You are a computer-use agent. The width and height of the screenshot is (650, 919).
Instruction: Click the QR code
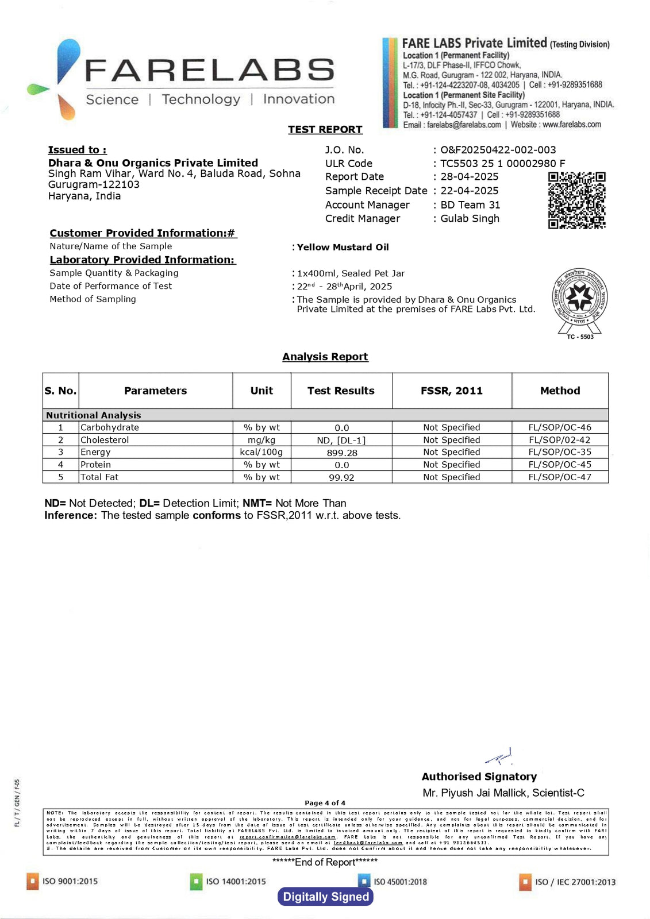[576, 200]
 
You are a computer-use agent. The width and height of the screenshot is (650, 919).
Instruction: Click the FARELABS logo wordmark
[209, 71]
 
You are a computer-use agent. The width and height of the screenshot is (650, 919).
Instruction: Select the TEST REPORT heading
[325, 130]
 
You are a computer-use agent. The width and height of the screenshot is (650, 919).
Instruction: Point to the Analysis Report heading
[325, 357]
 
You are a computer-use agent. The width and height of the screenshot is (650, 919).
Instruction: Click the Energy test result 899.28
[342, 453]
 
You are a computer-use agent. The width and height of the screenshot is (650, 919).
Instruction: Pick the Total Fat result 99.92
[342, 477]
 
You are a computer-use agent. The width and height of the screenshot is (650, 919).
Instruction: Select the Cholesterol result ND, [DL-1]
[342, 441]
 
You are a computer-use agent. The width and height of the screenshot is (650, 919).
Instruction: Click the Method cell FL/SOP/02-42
[560, 440]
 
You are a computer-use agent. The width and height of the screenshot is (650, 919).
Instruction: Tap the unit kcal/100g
[261, 452]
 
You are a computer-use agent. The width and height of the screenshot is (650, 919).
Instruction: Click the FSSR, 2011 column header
[452, 391]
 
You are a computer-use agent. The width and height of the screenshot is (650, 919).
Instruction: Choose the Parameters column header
[156, 391]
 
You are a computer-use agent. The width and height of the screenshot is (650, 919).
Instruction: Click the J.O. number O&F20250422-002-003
[498, 150]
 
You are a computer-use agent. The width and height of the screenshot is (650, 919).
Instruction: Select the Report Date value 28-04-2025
[470, 177]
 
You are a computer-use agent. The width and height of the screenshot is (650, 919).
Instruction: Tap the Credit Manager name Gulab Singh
[470, 218]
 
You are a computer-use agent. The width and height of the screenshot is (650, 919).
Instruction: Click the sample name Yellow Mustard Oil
[343, 247]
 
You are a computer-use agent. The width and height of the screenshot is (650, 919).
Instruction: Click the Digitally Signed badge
[326, 897]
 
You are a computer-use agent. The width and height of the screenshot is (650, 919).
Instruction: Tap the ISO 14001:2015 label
[236, 882]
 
